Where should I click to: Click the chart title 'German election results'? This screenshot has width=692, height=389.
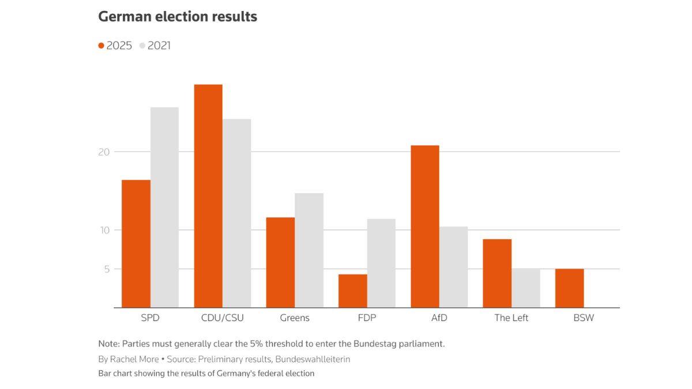click(178, 17)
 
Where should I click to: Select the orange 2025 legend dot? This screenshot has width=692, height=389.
click(101, 46)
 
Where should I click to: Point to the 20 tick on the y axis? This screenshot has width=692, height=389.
click(104, 152)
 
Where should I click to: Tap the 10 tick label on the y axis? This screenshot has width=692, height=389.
click(104, 230)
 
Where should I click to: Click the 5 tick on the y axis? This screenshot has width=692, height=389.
click(106, 269)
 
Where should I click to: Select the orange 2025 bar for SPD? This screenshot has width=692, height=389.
click(136, 244)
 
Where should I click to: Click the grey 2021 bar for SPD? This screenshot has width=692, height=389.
click(164, 207)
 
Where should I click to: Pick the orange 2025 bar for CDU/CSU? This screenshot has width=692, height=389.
click(208, 196)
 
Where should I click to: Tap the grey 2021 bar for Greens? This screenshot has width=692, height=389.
click(309, 250)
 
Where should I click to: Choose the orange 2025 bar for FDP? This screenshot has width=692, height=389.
click(352, 291)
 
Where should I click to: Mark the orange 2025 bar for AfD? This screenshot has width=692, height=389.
click(425, 226)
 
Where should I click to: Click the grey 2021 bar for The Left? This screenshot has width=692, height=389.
click(526, 288)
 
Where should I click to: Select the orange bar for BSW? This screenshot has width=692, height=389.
click(569, 288)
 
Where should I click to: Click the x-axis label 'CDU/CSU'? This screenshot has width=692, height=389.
click(223, 318)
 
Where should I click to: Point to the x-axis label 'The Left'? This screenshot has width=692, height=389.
click(511, 318)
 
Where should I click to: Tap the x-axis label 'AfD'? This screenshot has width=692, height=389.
click(439, 318)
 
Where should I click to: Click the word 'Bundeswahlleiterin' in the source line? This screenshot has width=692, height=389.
click(313, 359)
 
